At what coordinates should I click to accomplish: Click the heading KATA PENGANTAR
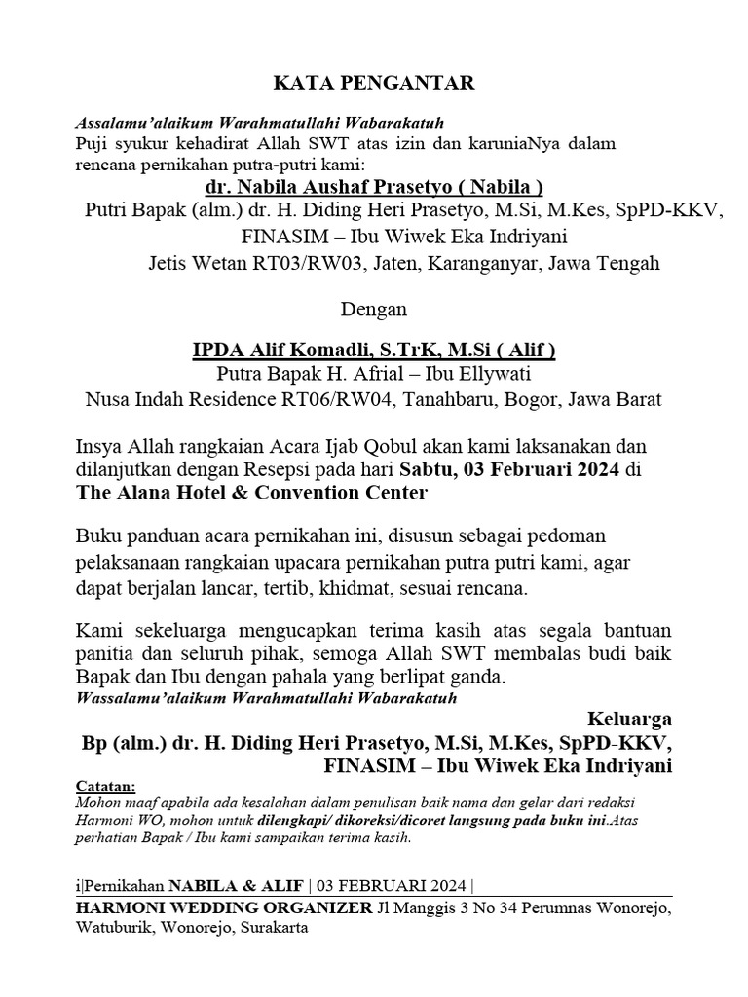coord(374,84)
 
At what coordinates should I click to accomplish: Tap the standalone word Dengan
coord(374,311)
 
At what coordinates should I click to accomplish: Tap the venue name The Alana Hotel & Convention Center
coord(251,493)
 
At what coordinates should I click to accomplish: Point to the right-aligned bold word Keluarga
coord(629,720)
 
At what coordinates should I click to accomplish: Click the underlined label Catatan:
coord(106,787)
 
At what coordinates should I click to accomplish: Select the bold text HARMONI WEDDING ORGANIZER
coord(223,908)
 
